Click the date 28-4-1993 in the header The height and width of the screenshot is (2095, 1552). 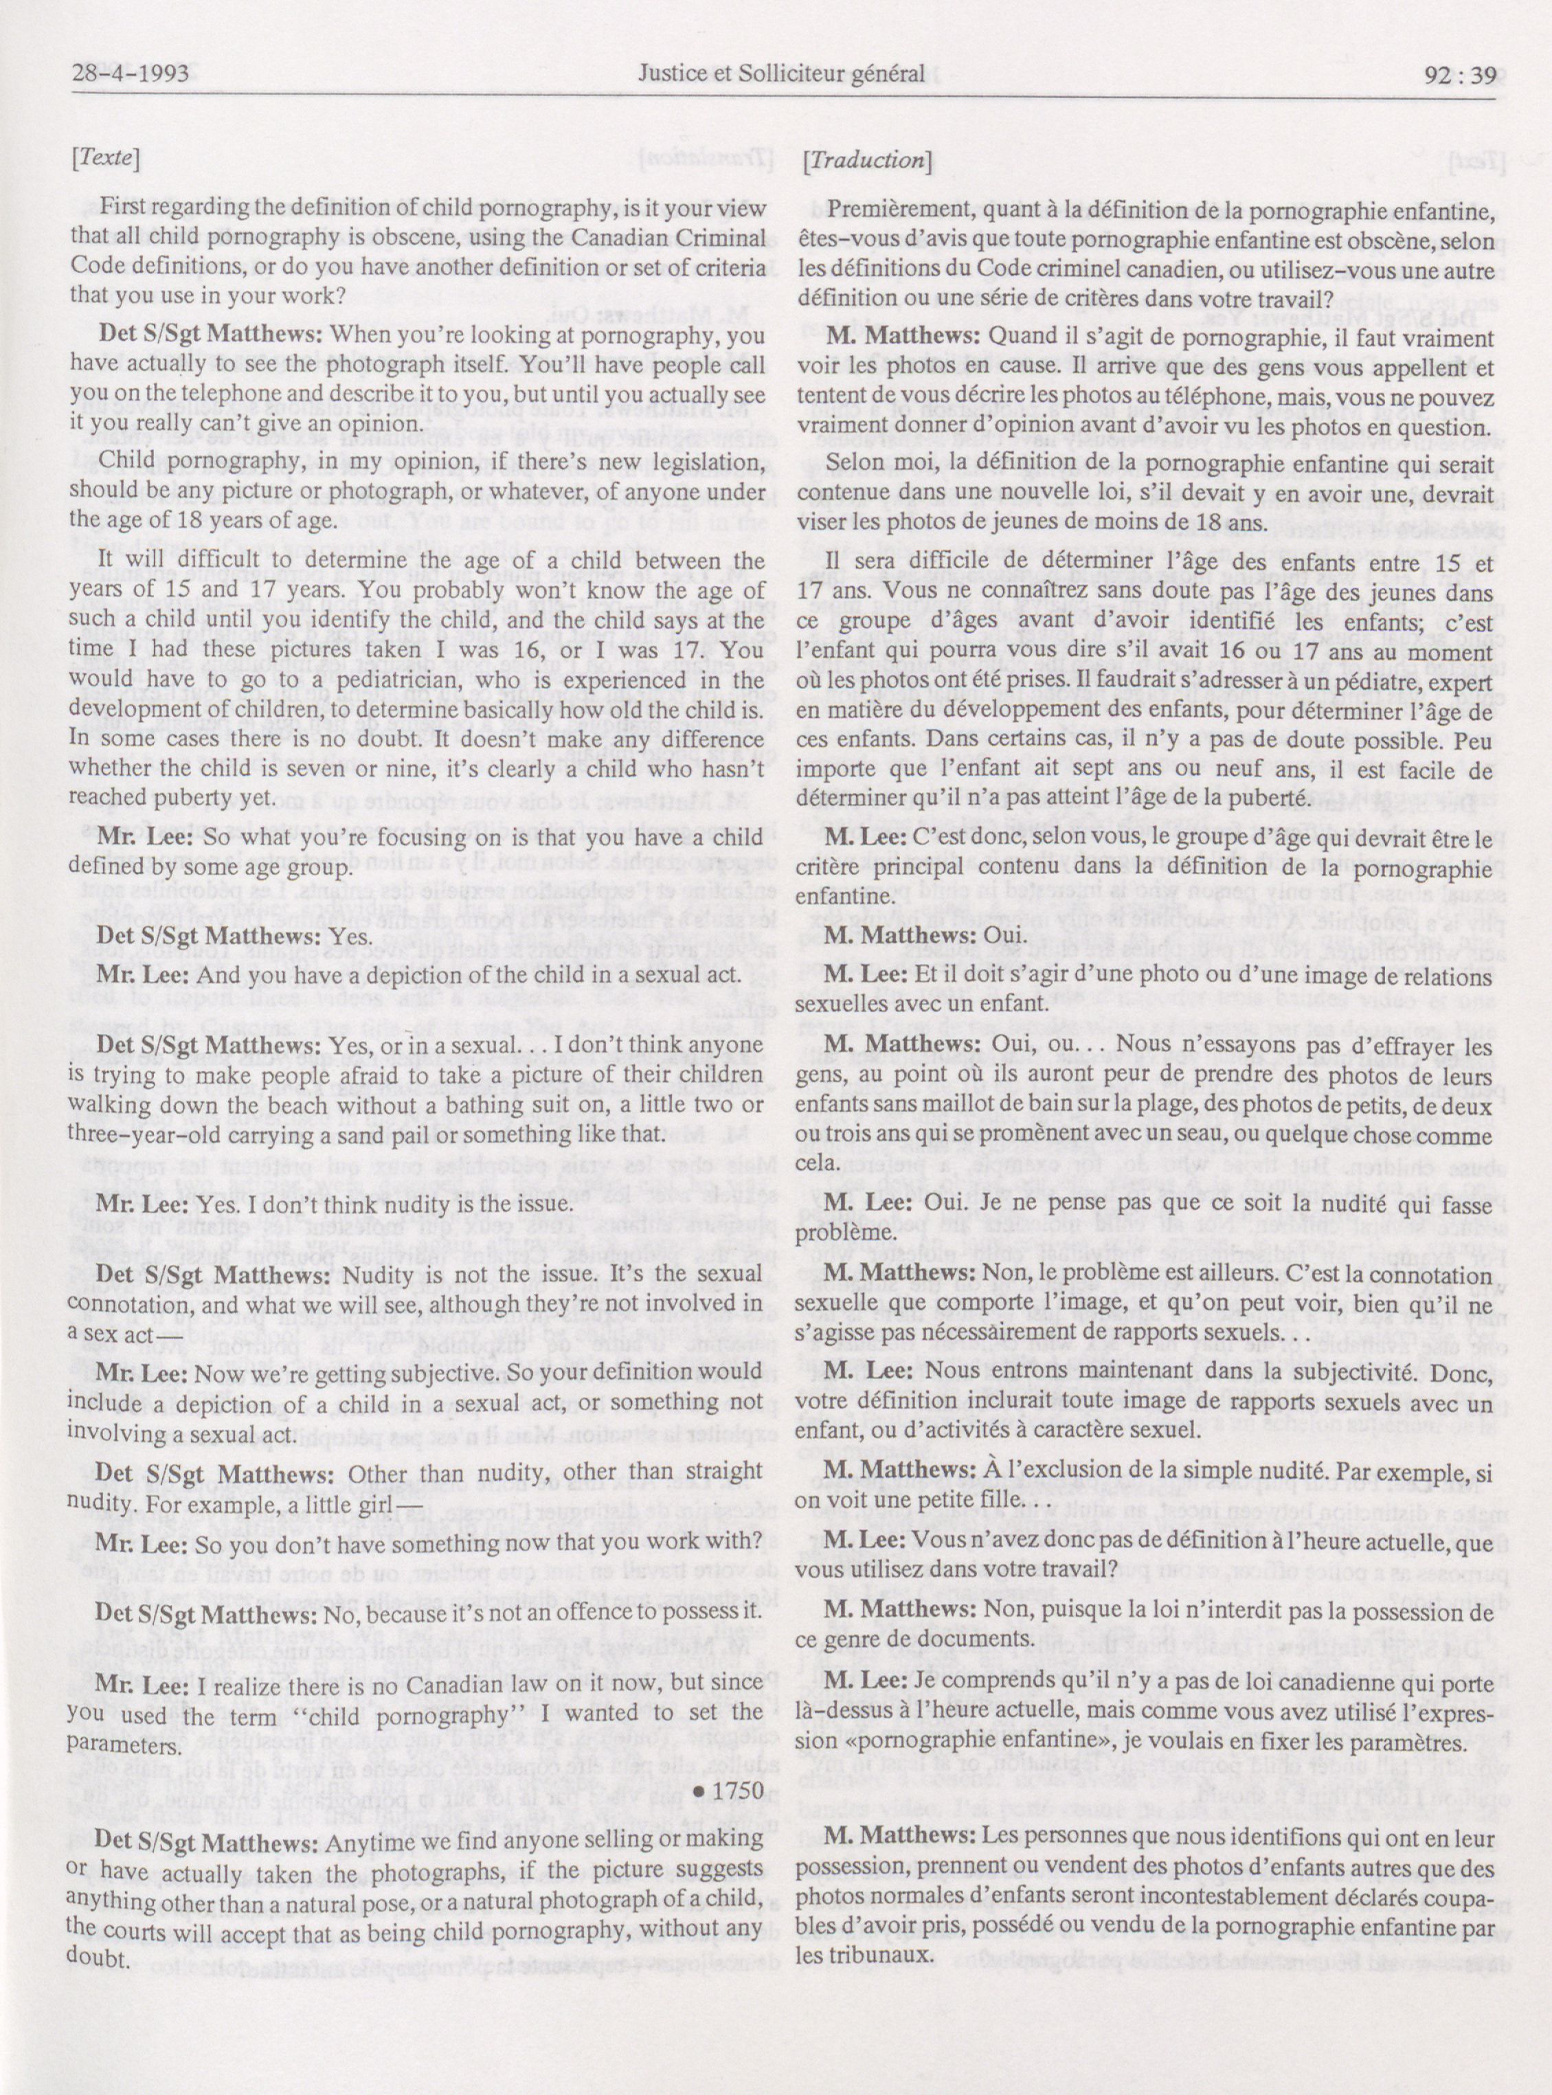(x=131, y=74)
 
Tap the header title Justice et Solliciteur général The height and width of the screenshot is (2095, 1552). (x=780, y=74)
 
